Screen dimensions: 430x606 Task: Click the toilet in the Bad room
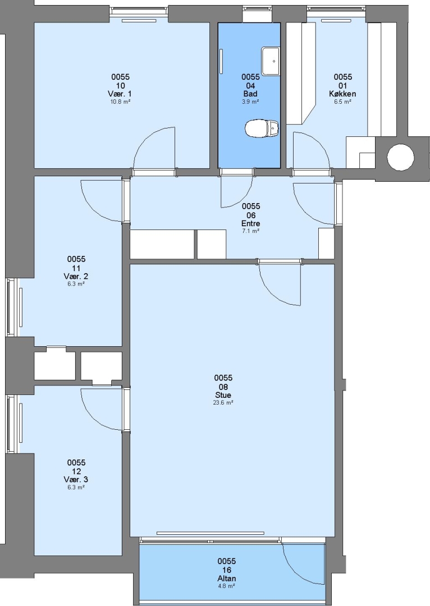tap(262, 128)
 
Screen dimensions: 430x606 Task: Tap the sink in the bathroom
tap(271, 61)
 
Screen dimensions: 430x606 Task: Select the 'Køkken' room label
tap(342, 94)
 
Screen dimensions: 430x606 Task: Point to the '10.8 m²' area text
tap(120, 102)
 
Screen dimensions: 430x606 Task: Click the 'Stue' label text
tap(223, 395)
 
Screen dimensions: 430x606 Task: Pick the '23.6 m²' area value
tap(223, 403)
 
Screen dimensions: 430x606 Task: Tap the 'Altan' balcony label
tap(227, 579)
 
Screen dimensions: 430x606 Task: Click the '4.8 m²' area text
tap(227, 586)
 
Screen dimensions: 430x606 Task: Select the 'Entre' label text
tap(250, 223)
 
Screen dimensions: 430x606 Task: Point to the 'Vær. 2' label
tap(76, 276)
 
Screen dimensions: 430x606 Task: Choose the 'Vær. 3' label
tap(76, 480)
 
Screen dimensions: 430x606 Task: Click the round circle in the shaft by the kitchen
tap(401, 157)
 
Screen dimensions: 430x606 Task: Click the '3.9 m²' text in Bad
tap(250, 102)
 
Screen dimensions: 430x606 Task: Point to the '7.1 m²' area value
tap(250, 231)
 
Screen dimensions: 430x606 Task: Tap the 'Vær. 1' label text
tap(120, 94)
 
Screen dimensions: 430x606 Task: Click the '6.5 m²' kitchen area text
tap(342, 102)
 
